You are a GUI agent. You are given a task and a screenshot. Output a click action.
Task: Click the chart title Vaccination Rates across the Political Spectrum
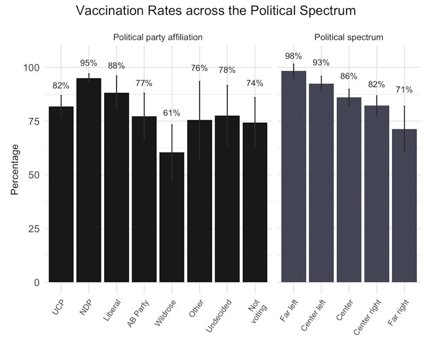[x=215, y=11]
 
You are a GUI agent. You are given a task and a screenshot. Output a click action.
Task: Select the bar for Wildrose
[x=172, y=218]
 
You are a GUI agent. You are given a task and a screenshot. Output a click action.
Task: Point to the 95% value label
[x=89, y=63]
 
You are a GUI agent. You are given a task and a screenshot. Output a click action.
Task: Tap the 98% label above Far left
[x=293, y=56]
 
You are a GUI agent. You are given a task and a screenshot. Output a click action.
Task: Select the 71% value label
[x=404, y=90]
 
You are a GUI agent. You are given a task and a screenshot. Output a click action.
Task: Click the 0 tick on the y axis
[x=37, y=283]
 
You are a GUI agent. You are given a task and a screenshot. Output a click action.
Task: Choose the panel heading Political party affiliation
[x=158, y=38]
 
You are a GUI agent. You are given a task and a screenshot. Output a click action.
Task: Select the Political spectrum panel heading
[x=349, y=38]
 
